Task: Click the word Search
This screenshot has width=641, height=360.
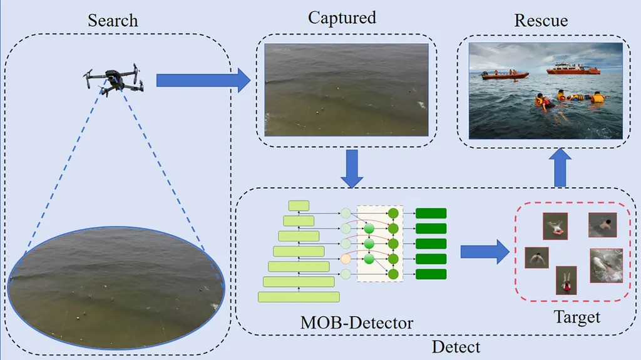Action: [x=112, y=20]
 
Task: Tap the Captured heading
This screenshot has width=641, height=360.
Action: [x=342, y=18]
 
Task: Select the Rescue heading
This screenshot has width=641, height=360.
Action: [x=541, y=20]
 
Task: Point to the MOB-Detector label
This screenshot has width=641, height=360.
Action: [x=357, y=323]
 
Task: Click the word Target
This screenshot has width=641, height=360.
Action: [x=577, y=317]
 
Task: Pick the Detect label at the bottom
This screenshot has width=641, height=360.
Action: [x=456, y=346]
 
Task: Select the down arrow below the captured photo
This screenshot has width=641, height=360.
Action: [x=352, y=168]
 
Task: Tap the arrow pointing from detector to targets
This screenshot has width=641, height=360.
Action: [x=484, y=252]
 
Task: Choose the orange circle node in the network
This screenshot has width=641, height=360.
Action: [x=345, y=259]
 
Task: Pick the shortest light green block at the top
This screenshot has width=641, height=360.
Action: [x=299, y=205]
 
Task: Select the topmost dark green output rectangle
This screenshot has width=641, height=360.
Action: [x=431, y=213]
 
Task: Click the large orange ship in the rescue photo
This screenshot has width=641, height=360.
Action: [x=572, y=68]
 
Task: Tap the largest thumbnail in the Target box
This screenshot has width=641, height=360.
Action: [x=606, y=265]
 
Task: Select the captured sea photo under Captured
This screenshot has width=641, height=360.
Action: [x=346, y=90]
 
